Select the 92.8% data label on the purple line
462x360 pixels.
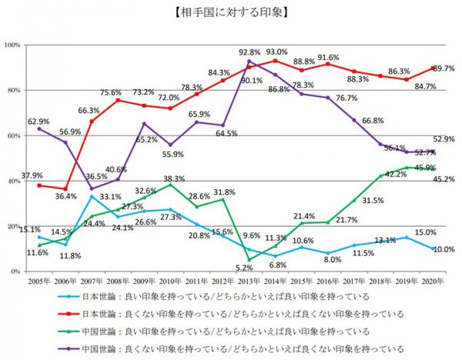(x=250, y=52)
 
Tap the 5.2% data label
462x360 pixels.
(x=245, y=268)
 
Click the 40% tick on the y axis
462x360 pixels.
(x=13, y=182)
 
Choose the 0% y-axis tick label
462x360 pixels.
(x=15, y=272)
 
